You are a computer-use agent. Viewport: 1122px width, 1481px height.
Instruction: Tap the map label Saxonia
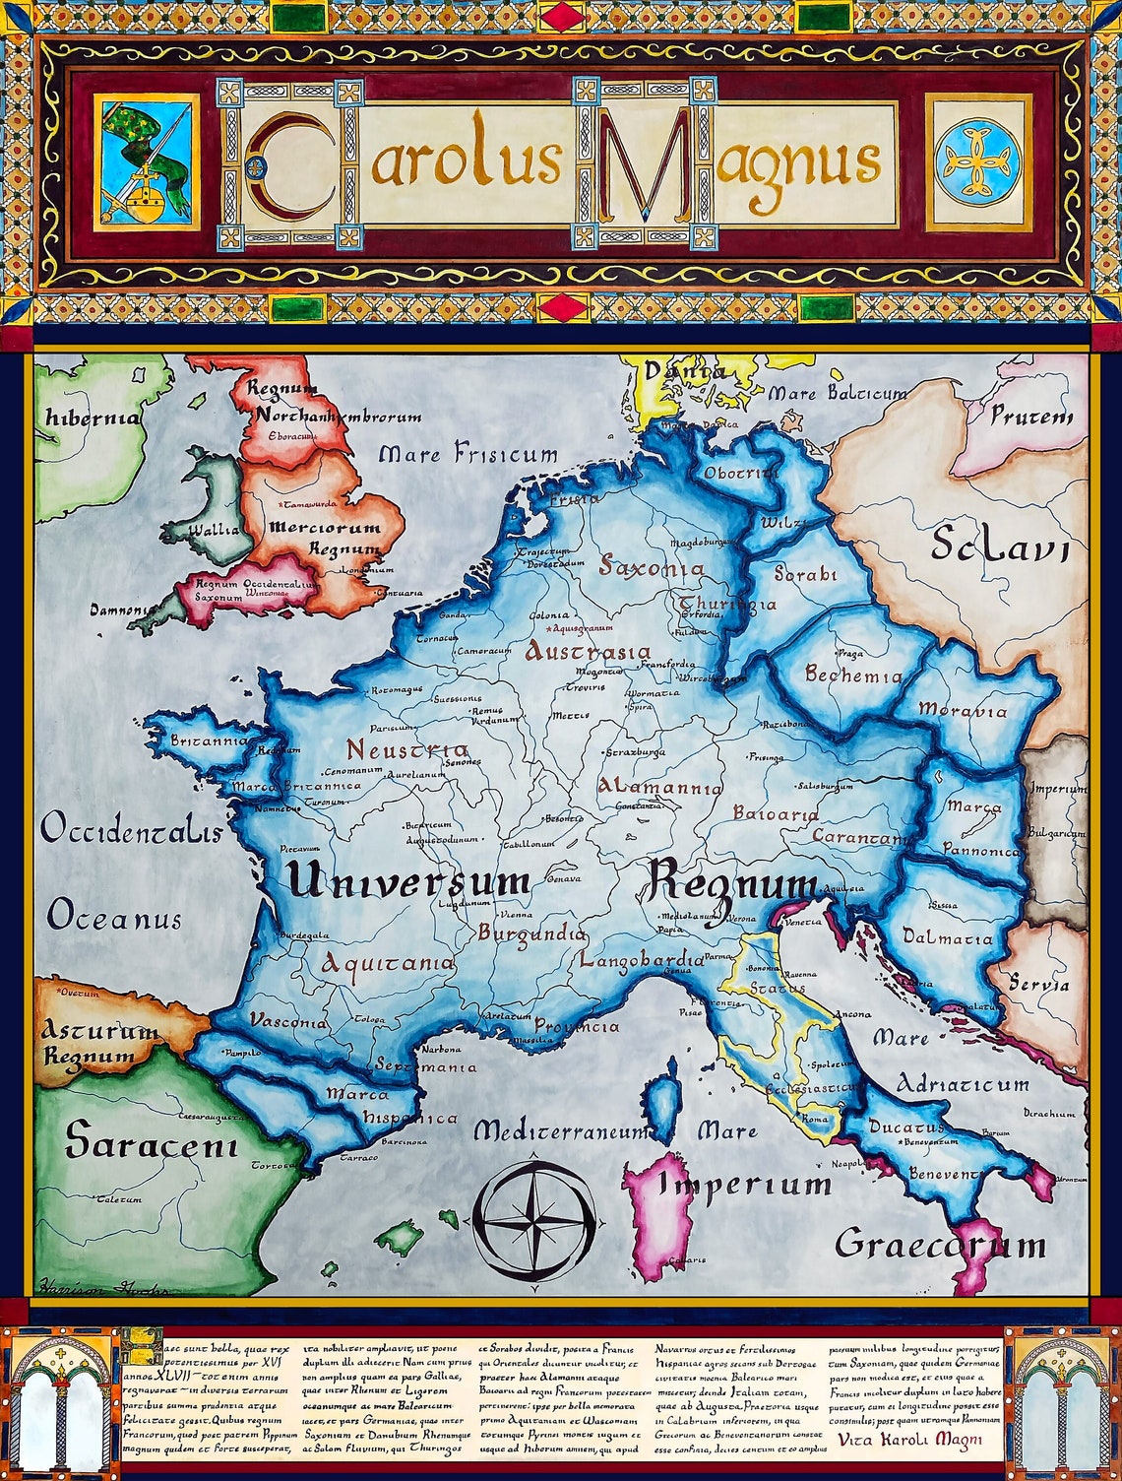pos(653,568)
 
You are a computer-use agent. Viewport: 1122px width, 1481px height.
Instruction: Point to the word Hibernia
pos(93,418)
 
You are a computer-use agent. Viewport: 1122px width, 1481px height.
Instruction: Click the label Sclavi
pos(999,545)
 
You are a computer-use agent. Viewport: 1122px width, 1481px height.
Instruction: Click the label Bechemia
pos(852,676)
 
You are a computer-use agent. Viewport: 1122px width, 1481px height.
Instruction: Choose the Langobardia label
pos(642,959)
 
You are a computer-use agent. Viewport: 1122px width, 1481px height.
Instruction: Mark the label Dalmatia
pos(947,937)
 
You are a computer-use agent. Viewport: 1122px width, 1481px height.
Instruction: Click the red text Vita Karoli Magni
pos(910,1440)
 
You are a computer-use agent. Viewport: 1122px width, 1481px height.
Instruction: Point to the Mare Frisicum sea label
pos(467,455)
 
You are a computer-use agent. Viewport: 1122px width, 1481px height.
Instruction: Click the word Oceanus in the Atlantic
pos(114,919)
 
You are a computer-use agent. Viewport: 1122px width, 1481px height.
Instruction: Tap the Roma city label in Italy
pos(815,1120)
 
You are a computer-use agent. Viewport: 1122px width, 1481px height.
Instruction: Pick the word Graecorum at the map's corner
pos(940,1245)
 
